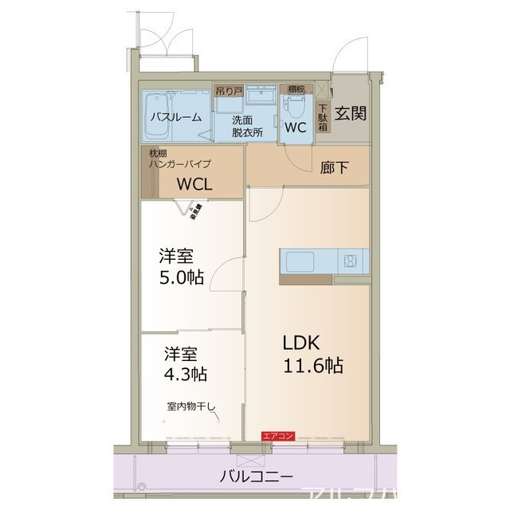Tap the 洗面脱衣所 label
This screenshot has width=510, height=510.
click(247, 127)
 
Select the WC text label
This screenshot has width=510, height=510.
click(296, 127)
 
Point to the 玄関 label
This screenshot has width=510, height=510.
click(351, 113)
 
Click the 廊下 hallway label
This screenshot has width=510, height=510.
click(333, 168)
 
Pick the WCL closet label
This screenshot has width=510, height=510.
click(194, 185)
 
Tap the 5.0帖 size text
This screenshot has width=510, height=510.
click(180, 277)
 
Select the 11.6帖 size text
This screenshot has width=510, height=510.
click(312, 366)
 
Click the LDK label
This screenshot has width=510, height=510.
click(301, 343)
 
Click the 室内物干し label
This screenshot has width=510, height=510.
click(191, 406)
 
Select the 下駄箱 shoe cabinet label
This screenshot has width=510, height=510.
click(324, 117)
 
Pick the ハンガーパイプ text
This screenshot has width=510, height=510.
click(180, 163)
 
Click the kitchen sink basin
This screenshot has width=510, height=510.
click(302, 261)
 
